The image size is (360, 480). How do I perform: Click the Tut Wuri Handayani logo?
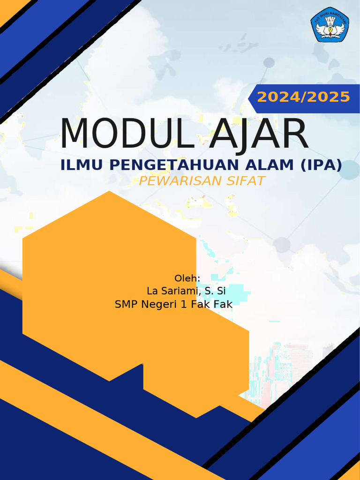(330, 25)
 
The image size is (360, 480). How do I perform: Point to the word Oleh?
(187, 278)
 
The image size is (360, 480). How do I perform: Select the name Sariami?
(179, 291)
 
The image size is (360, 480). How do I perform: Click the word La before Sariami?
(152, 291)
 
